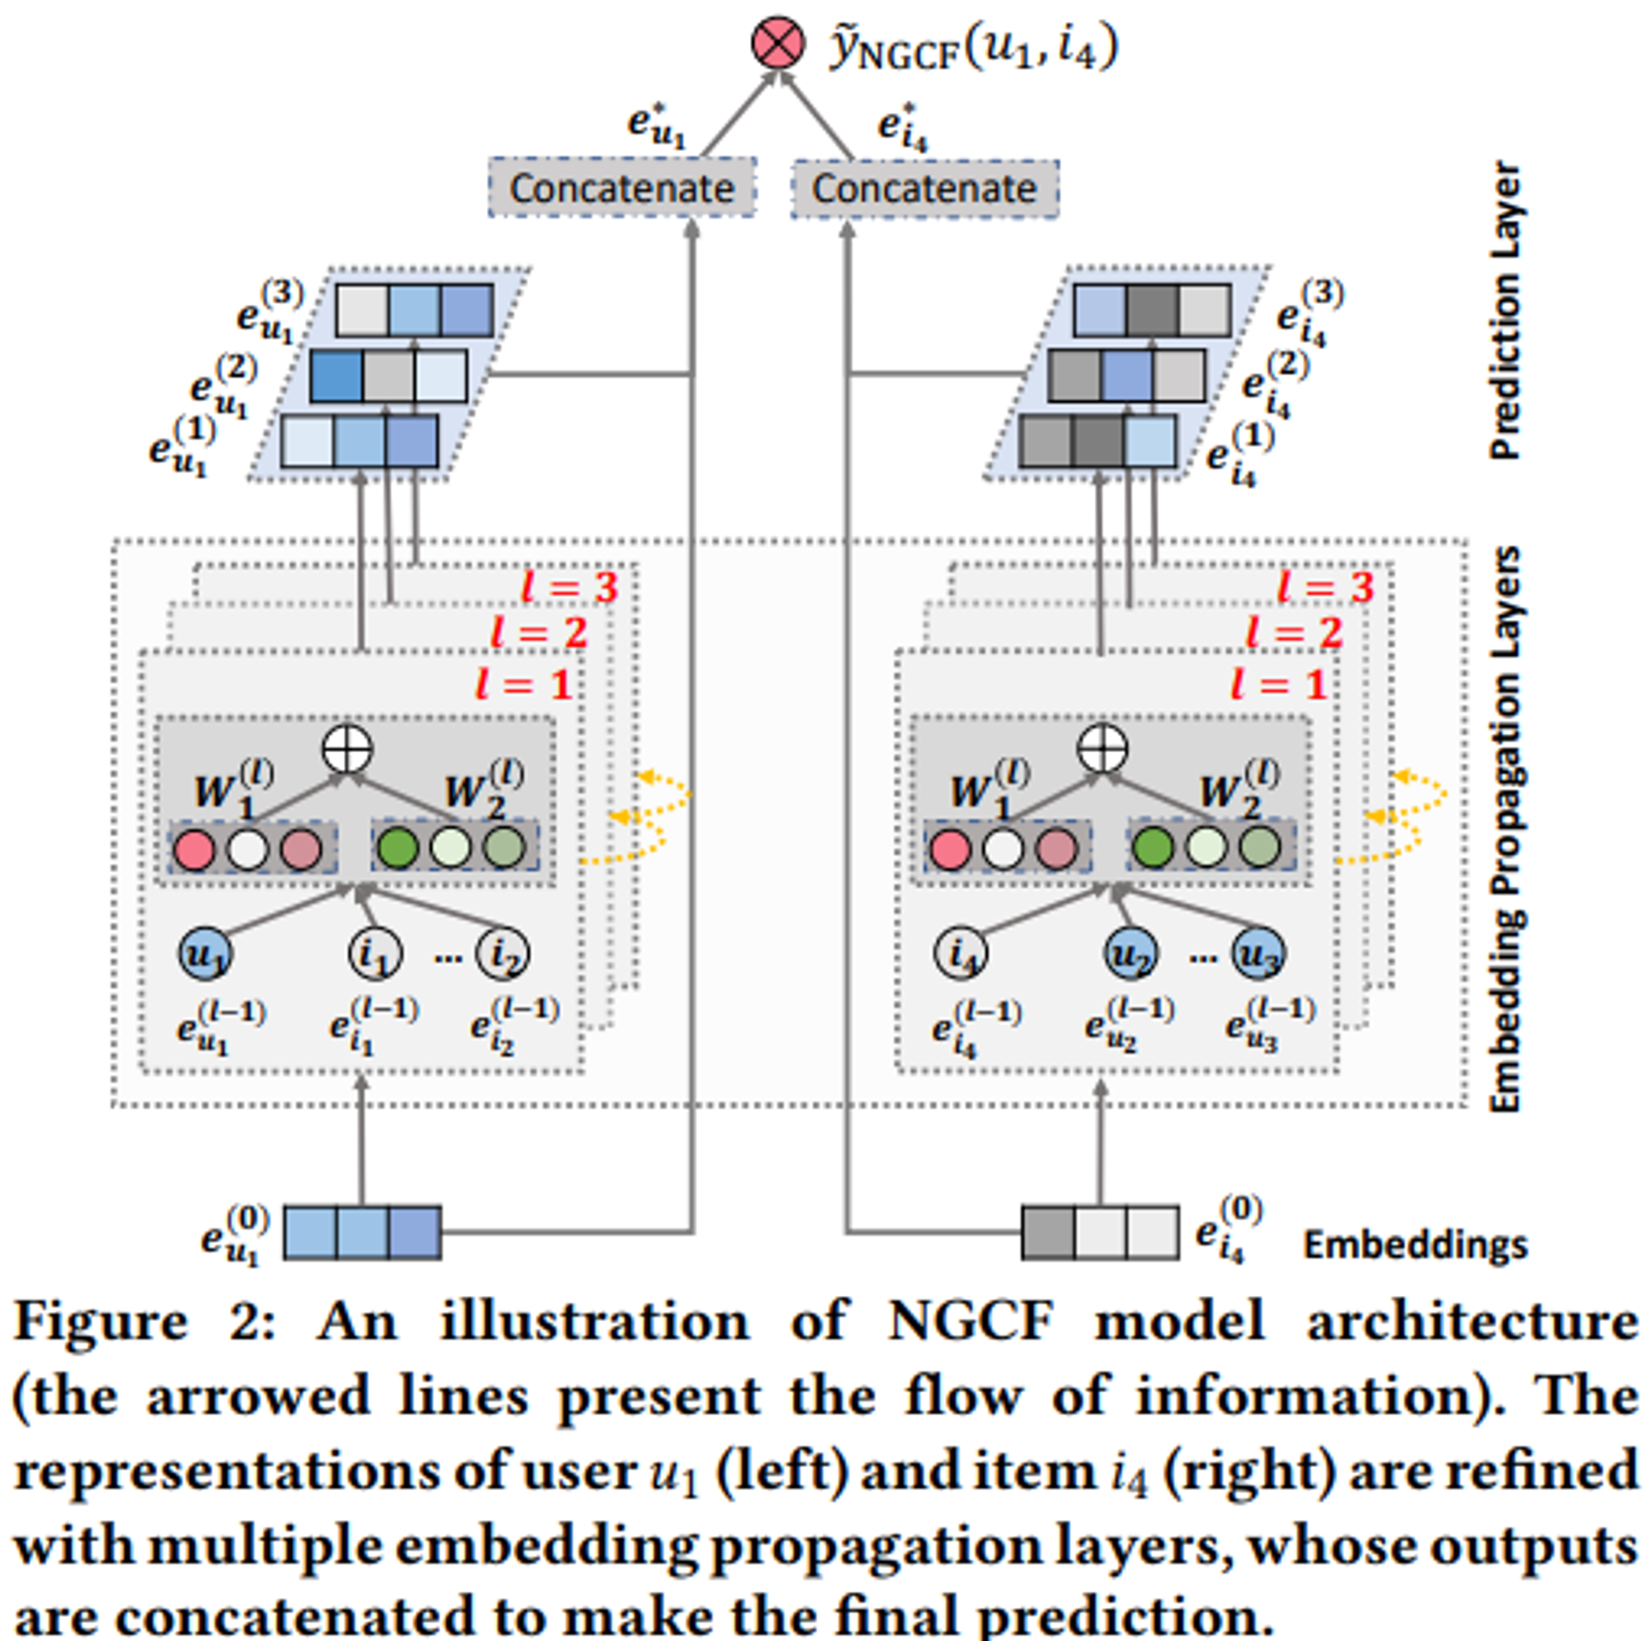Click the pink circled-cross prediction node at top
click(x=777, y=44)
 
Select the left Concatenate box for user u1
click(x=622, y=188)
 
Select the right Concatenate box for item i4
click(x=925, y=189)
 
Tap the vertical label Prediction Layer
click(x=1505, y=311)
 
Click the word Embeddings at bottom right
click(x=1415, y=1245)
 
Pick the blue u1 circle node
click(x=204, y=954)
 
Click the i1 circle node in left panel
click(x=374, y=954)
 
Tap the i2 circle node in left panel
click(x=503, y=954)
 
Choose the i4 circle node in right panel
click(x=961, y=954)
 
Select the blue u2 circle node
click(x=1131, y=954)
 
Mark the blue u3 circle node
click(x=1258, y=954)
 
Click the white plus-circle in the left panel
click(x=347, y=750)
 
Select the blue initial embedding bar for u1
click(x=362, y=1232)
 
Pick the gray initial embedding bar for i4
click(x=1100, y=1232)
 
